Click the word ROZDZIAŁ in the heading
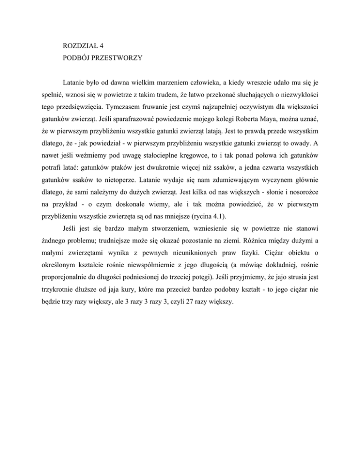click(x=80, y=47)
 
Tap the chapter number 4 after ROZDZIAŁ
click(x=101, y=47)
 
